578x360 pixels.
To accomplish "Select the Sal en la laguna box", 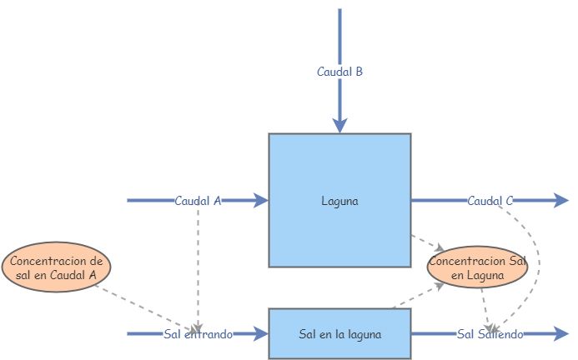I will [x=339, y=334].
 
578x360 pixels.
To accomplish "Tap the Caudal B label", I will [x=339, y=72].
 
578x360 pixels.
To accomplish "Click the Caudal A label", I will [x=198, y=201].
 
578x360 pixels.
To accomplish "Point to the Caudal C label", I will [x=490, y=201].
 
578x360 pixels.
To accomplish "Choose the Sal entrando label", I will [x=198, y=334].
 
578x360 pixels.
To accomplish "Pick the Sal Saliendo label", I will [x=490, y=334].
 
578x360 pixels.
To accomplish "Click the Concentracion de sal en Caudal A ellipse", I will [x=57, y=267].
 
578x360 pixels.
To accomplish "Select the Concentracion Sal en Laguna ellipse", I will [x=477, y=267].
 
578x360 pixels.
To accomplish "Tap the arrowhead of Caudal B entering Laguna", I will [x=339, y=125].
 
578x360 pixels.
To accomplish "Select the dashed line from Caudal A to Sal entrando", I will [x=198, y=267].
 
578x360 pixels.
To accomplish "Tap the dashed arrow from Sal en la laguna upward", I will [x=417, y=296].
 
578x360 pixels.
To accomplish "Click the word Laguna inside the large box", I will [x=339, y=201].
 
